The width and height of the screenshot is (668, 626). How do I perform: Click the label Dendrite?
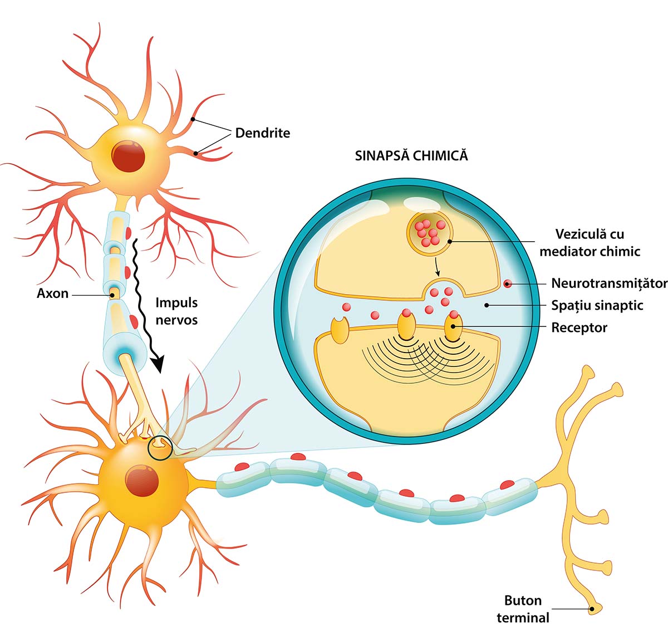262,133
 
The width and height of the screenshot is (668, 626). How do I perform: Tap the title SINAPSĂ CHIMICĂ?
411,155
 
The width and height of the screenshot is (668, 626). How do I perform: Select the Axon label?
52,293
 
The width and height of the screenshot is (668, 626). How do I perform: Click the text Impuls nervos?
176,311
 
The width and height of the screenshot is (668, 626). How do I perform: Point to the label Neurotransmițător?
609,283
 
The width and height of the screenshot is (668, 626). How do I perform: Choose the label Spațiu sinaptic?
597,305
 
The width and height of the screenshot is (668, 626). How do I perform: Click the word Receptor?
579,327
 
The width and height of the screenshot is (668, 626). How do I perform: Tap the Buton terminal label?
523,609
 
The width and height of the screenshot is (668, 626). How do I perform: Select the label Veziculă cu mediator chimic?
590,242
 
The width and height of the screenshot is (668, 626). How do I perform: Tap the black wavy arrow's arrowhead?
159,364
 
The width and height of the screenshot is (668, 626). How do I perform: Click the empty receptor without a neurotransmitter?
339,330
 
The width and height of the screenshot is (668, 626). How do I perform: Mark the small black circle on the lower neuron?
160,447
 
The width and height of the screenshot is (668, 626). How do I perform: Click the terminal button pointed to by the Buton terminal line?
594,609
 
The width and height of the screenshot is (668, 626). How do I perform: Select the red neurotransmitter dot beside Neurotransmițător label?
507,283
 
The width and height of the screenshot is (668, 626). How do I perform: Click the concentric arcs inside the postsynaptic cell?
429,362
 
